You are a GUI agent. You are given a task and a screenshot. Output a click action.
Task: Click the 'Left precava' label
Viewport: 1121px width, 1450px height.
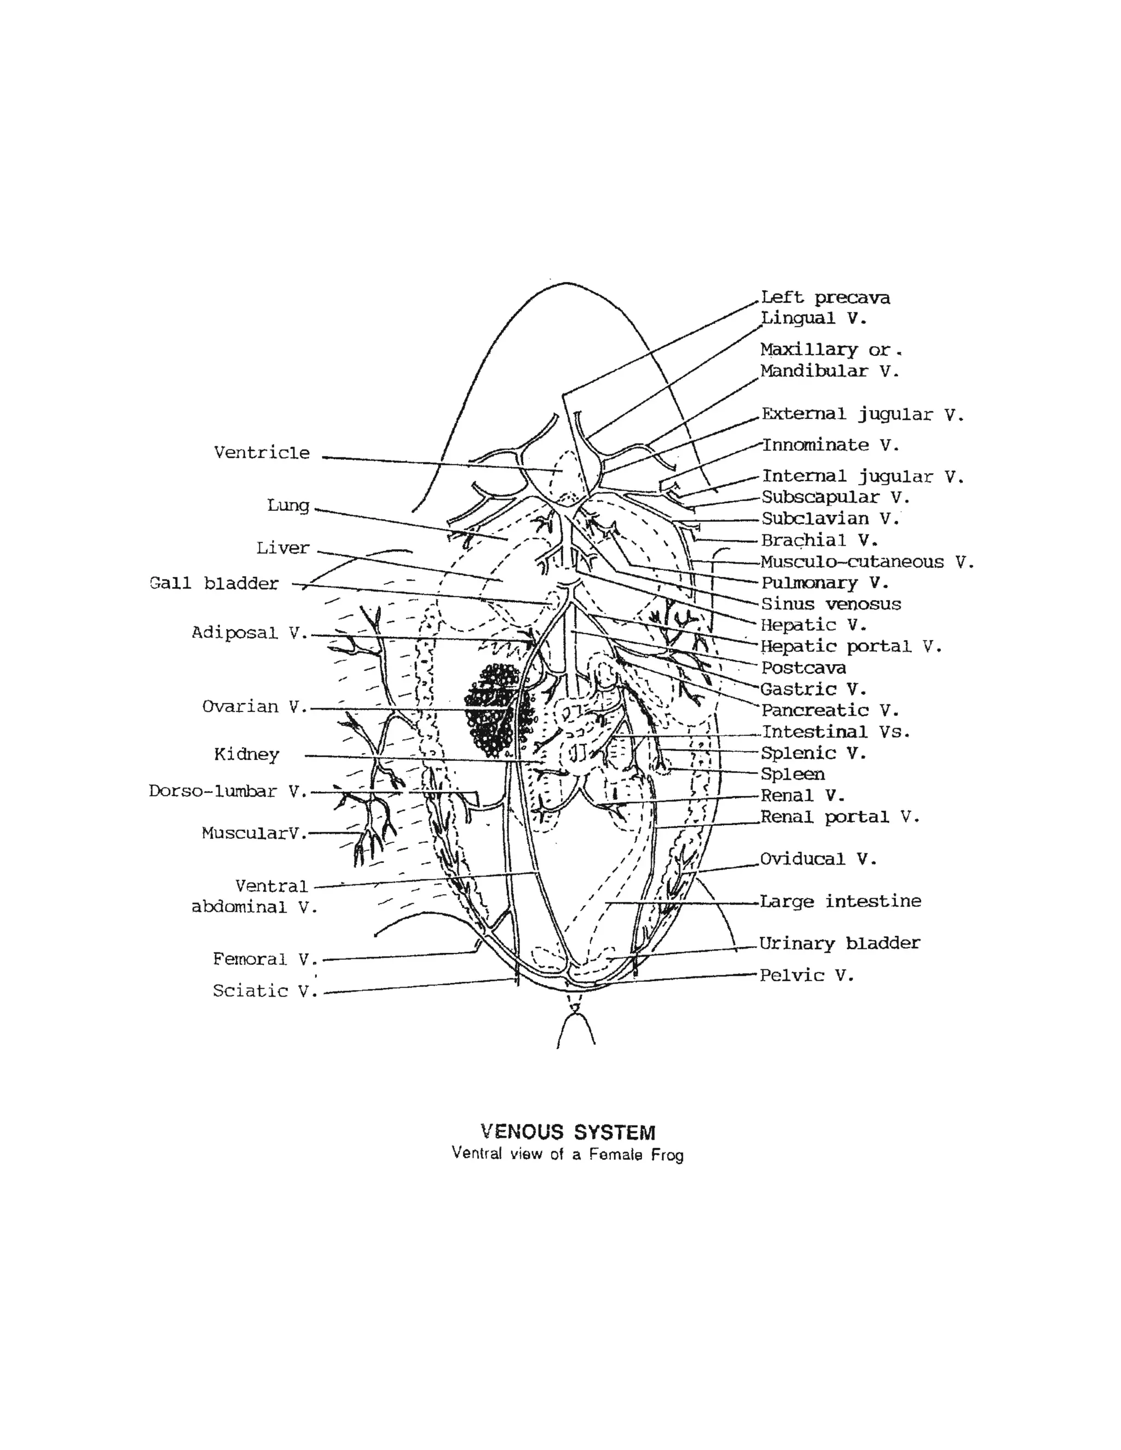825,298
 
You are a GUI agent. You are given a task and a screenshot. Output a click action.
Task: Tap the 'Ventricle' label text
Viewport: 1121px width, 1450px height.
262,453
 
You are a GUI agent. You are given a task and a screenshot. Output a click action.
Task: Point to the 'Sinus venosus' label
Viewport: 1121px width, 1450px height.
831,604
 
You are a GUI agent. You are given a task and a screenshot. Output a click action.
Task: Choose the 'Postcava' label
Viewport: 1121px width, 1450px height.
803,668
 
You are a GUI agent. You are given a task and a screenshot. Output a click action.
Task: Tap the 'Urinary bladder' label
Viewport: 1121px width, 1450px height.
840,943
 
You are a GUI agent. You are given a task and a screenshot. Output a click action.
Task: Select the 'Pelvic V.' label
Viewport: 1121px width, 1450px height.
806,975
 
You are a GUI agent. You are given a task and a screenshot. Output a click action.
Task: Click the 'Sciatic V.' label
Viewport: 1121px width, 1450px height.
265,991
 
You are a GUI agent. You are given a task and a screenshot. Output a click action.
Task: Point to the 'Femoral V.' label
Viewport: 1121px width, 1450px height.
265,959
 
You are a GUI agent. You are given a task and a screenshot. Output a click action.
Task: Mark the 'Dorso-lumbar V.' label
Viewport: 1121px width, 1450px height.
228,791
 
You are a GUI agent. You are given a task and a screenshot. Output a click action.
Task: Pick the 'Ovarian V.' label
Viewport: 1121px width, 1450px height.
254,707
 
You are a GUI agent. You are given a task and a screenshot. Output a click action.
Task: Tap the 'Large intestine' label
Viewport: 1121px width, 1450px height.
840,902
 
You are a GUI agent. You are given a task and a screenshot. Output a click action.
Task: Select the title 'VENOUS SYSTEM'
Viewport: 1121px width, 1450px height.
568,1132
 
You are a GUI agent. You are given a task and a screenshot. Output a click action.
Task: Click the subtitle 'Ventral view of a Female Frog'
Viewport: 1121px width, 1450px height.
568,1154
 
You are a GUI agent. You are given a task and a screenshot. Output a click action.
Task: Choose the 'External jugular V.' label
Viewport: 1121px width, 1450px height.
862,415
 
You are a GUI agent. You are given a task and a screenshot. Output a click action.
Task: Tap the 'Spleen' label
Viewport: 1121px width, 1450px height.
793,774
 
